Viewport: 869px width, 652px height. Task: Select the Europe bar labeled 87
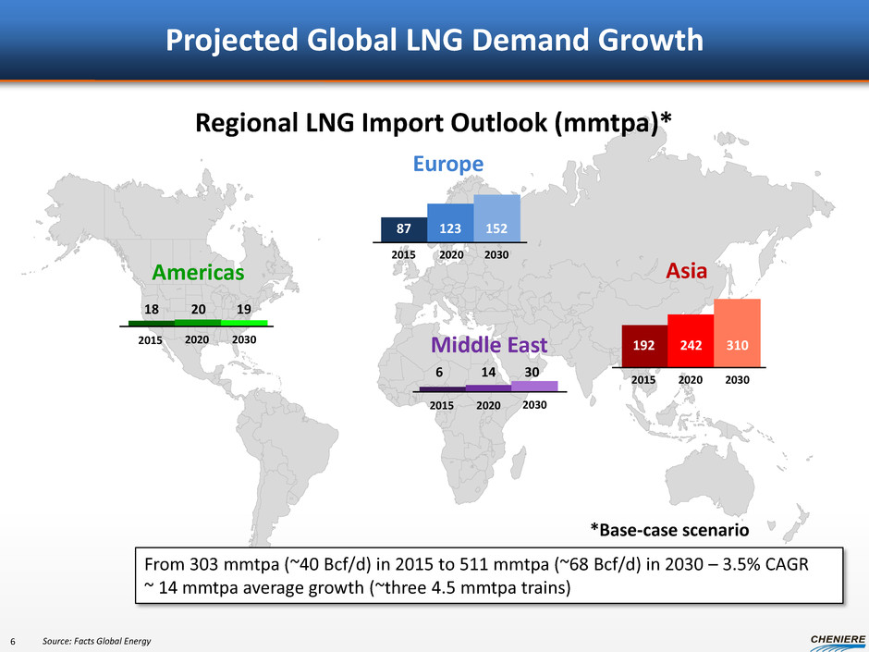point(404,228)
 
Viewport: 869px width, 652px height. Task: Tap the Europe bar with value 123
point(450,222)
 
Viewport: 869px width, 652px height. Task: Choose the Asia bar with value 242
point(691,340)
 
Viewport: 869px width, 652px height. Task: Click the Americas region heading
point(199,273)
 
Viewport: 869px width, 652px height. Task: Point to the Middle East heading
point(489,345)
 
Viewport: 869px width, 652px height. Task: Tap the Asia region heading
point(686,271)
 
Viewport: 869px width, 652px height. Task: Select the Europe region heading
point(447,164)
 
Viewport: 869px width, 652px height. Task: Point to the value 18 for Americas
point(153,308)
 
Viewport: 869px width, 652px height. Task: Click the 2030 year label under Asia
point(738,380)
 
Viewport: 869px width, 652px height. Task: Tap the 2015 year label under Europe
point(404,253)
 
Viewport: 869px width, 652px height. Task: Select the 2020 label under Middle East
point(488,405)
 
